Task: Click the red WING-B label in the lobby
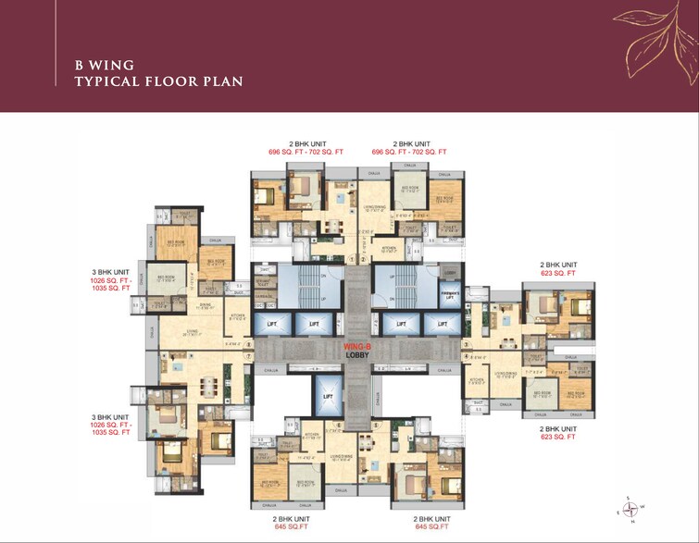click(x=356, y=346)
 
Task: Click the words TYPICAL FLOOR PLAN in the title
click(x=158, y=81)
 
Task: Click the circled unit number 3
click(x=466, y=345)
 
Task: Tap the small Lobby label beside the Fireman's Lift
click(x=449, y=273)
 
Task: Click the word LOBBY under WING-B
click(x=357, y=354)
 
